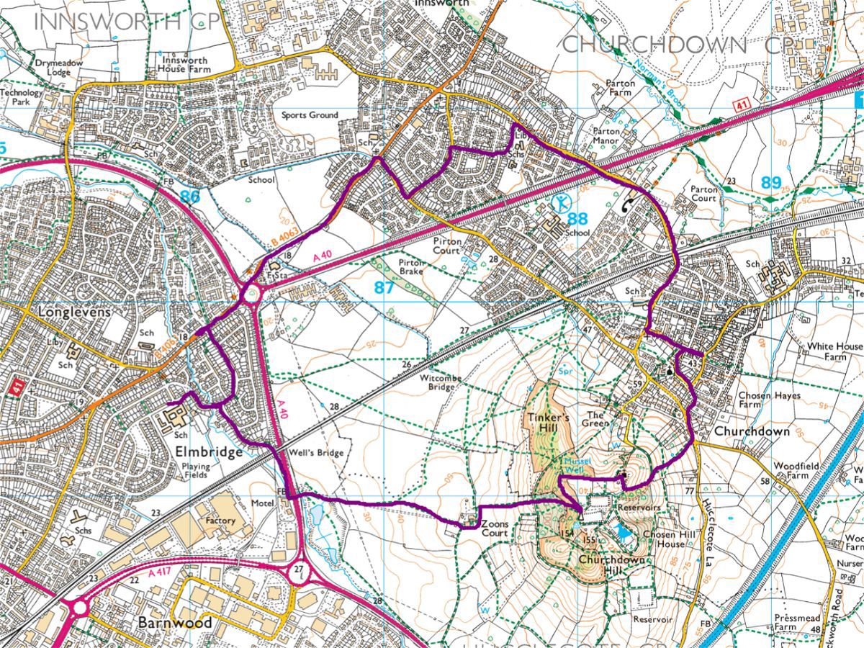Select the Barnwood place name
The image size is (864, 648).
[176, 622]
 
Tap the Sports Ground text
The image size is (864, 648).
[310, 115]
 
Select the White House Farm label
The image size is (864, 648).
[834, 351]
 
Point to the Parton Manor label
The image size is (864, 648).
[611, 137]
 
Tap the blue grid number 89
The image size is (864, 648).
[770, 183]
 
